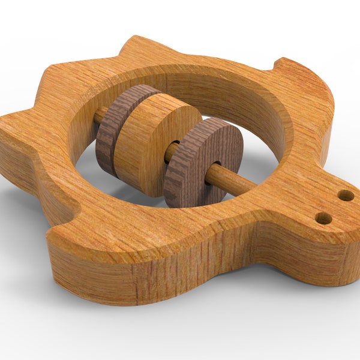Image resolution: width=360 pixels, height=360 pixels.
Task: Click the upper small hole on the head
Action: (346, 195)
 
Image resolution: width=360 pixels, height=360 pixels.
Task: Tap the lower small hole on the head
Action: (323, 218)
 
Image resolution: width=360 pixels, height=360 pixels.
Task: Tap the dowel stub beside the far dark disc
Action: (100, 115)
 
